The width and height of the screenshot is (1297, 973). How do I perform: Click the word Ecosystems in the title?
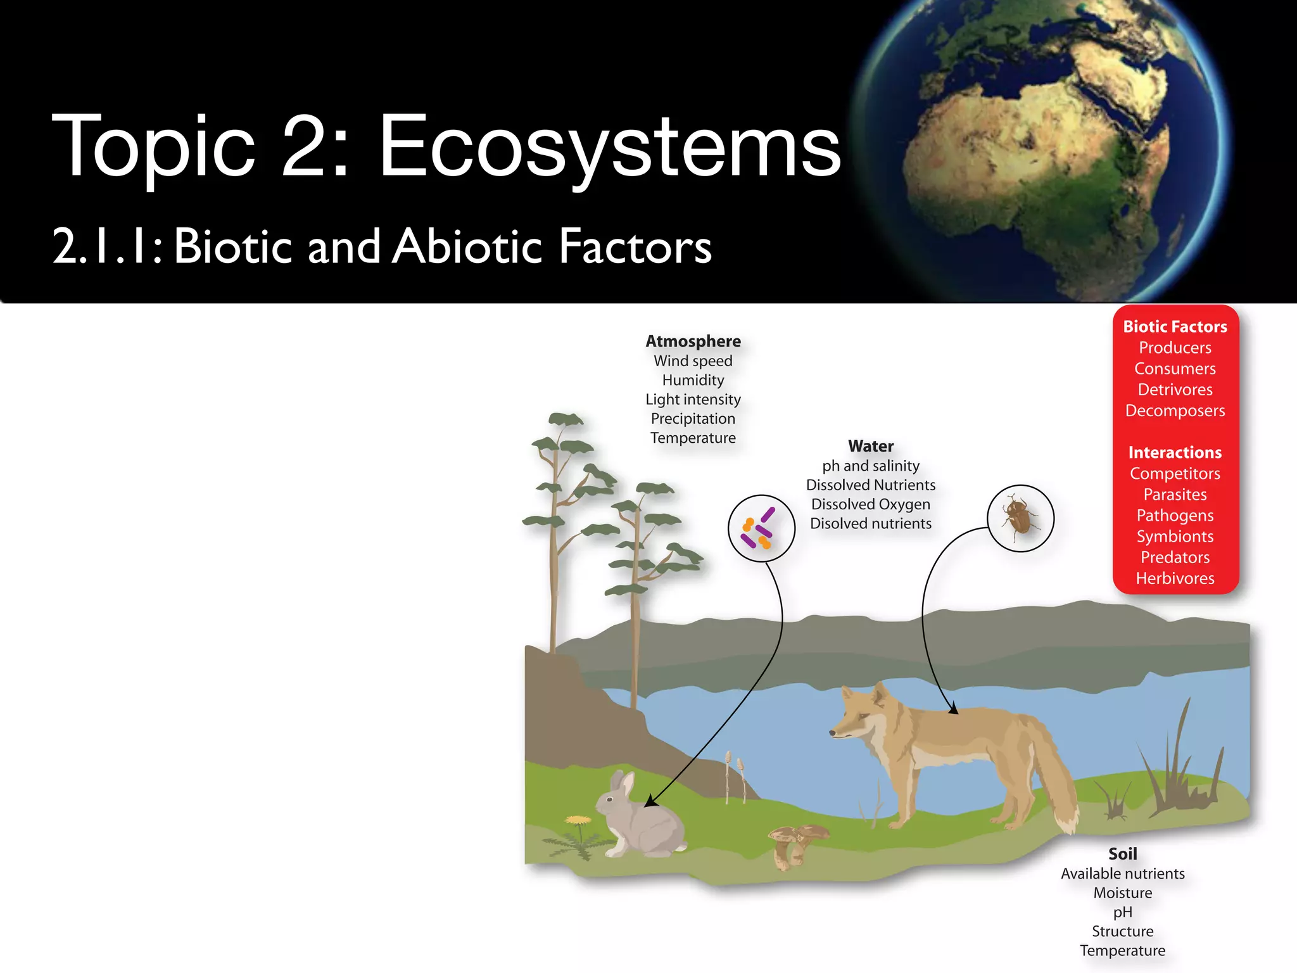click(609, 147)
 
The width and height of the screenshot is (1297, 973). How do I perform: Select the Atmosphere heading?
click(693, 341)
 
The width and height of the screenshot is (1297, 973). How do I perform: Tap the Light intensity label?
click(693, 400)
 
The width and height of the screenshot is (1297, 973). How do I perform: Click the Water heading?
click(871, 447)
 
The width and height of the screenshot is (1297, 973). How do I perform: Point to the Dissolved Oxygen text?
click(871, 505)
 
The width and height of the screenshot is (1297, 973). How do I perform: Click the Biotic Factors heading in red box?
click(1175, 327)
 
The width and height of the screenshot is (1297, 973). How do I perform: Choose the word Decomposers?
click(1175, 411)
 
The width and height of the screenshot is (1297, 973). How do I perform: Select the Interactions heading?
click(1175, 453)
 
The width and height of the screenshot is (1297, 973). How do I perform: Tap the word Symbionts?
click(1175, 537)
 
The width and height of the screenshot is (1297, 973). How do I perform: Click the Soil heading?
click(1123, 854)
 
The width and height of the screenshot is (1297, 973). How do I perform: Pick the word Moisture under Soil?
click(1123, 893)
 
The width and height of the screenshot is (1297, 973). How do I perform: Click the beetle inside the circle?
click(1019, 517)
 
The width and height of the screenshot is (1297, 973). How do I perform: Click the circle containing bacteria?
click(761, 528)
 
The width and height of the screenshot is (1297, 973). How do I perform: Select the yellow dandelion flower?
click(577, 820)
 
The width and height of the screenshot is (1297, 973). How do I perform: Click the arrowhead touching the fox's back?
click(953, 710)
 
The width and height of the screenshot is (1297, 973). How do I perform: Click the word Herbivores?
click(1175, 578)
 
